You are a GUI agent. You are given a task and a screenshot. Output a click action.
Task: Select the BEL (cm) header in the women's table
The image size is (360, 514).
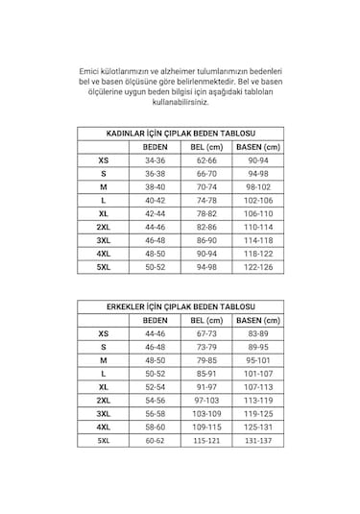205,147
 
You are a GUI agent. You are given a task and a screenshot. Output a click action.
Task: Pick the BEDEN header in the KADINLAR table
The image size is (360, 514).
155,147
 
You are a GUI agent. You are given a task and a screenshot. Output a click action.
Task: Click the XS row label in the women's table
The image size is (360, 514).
103,161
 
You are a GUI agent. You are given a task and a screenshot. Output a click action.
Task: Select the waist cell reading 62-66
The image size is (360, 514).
205,161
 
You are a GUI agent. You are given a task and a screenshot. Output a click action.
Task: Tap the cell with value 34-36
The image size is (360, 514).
155,161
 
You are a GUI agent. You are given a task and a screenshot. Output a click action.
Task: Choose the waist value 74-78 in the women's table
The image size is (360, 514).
205,200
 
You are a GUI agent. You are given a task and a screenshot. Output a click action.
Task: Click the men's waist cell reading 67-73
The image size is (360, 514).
205,332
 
